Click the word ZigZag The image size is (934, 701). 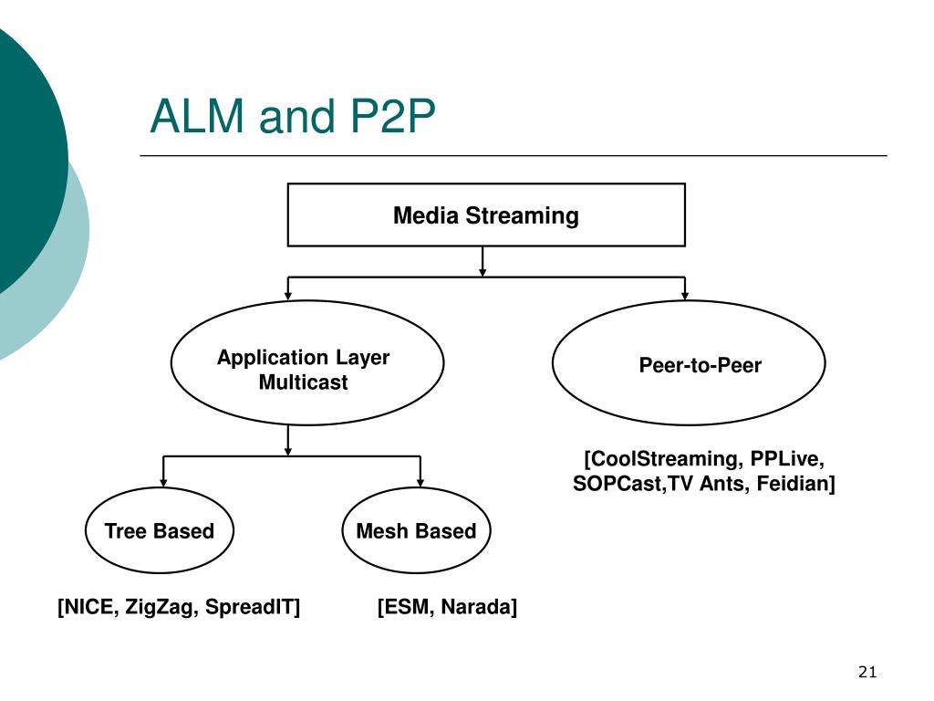click(160, 607)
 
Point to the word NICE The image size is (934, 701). click(89, 607)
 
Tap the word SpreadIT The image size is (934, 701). click(250, 607)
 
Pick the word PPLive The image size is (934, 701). click(785, 458)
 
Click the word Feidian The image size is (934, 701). click(793, 483)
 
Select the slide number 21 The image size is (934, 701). click(867, 672)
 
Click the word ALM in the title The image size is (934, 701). click(198, 116)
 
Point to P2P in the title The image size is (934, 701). click(392, 116)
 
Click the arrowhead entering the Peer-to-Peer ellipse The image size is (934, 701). click(685, 296)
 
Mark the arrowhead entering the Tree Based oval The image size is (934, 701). click(163, 483)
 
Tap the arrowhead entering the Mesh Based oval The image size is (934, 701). click(420, 483)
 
